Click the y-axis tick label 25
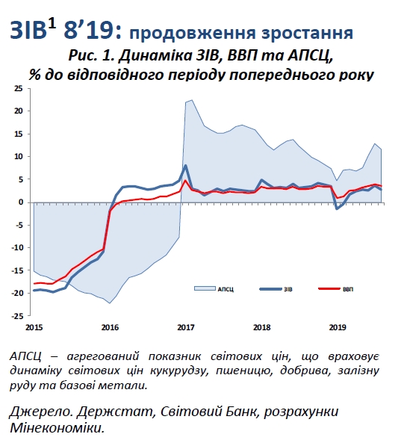click(17, 88)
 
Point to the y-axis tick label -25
click(16, 316)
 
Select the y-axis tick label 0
click(20, 202)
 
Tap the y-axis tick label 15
click(17, 134)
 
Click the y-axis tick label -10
click(16, 248)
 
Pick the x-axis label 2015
click(33, 327)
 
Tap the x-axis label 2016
click(109, 327)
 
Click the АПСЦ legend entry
click(224, 288)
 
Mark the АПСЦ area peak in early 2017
click(192, 100)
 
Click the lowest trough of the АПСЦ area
click(109, 303)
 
